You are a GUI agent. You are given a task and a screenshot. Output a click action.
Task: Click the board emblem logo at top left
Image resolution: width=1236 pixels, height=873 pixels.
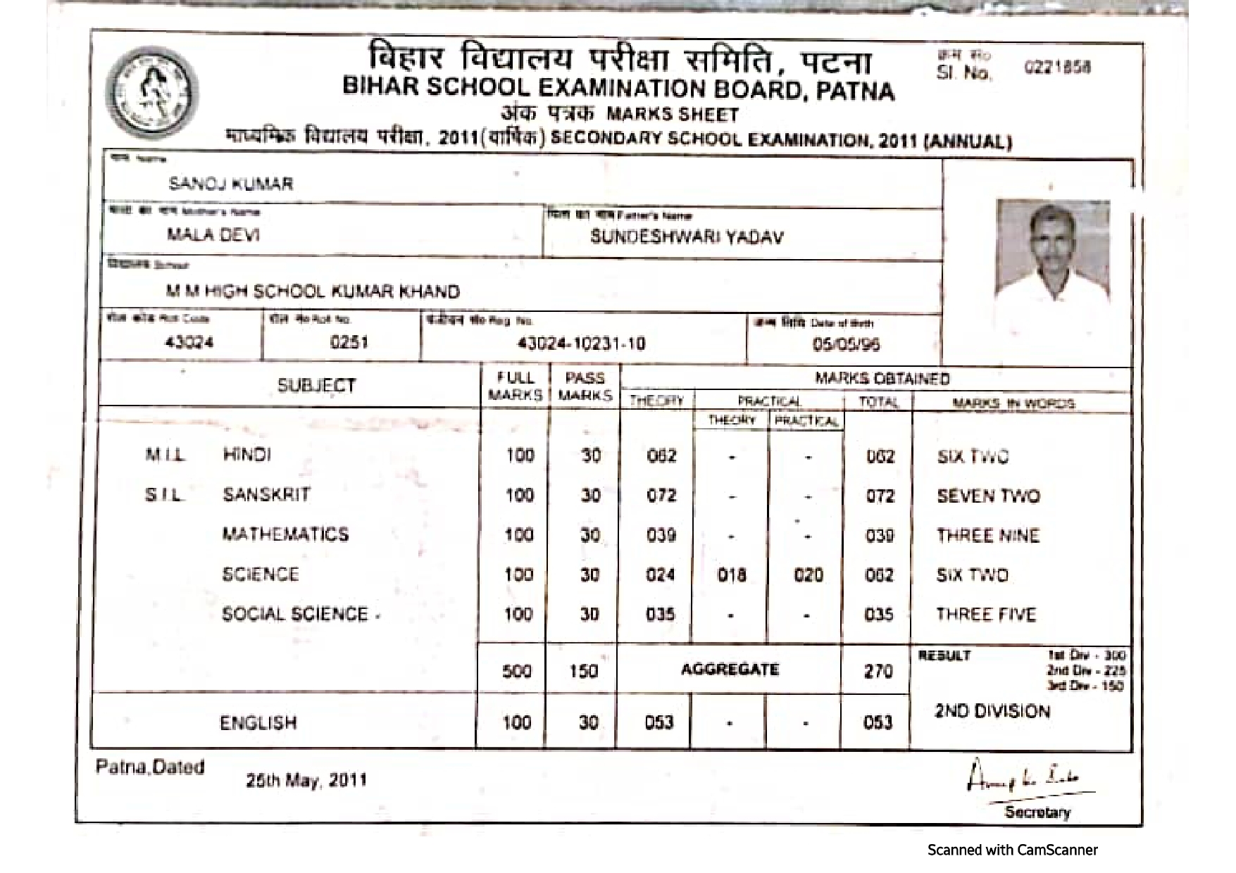pos(151,94)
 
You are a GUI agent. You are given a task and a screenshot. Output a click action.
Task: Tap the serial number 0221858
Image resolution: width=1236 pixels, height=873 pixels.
pos(1057,68)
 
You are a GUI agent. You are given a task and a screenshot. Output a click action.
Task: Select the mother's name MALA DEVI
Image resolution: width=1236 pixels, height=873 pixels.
pos(213,234)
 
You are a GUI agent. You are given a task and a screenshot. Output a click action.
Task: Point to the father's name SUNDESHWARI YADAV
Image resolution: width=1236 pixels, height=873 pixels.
pos(687,237)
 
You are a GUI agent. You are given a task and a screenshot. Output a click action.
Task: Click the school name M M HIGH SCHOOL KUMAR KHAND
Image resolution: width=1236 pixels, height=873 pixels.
pos(313,291)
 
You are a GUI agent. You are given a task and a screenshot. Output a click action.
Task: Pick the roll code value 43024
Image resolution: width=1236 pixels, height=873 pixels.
pos(189,342)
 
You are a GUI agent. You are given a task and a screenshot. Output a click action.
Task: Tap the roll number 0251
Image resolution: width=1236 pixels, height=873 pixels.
pos(349,342)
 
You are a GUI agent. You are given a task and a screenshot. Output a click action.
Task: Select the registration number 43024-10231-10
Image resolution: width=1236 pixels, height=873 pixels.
pos(581,344)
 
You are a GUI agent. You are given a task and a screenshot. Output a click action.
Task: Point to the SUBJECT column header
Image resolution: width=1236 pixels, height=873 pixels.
pos(316,385)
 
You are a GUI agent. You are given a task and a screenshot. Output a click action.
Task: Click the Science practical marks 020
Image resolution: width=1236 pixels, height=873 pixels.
pos(808,575)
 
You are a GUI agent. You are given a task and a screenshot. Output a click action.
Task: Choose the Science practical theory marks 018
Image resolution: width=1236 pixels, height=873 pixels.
pos(732,575)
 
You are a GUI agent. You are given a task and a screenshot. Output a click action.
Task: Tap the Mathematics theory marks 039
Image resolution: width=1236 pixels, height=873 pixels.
pos(661,535)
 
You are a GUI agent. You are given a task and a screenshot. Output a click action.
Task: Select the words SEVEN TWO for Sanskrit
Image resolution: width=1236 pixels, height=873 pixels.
pos(988,496)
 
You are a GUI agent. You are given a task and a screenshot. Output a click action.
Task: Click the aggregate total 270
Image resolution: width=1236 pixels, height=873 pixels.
pos(878,671)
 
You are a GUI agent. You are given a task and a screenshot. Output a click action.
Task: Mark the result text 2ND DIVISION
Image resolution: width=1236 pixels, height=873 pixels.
pos(992,711)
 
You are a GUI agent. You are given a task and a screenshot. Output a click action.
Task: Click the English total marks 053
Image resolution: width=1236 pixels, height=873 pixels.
pos(878,722)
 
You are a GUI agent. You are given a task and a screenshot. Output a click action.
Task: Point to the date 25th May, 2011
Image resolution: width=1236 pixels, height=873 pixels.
pos(306,780)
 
